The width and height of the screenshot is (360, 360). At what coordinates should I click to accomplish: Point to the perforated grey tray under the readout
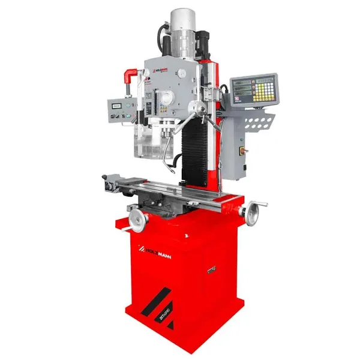click(x=258, y=123)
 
